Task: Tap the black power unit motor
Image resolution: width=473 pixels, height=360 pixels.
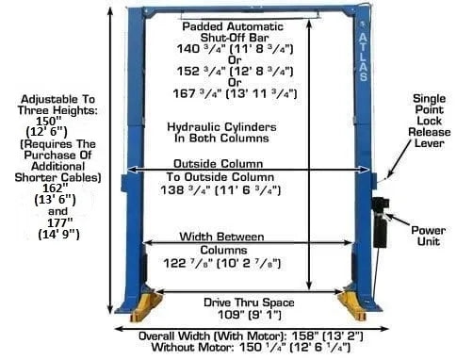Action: [380, 222]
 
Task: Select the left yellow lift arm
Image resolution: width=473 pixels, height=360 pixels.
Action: [146, 305]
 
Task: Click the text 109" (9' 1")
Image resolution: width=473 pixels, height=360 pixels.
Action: [250, 315]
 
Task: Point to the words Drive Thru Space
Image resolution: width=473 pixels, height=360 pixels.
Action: [249, 303]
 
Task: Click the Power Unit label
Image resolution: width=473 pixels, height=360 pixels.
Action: [429, 236]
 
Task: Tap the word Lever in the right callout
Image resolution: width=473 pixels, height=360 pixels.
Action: [430, 143]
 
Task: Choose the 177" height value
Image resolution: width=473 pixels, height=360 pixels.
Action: [59, 222]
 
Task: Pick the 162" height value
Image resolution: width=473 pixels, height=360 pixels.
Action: [56, 188]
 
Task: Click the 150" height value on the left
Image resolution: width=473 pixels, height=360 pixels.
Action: [49, 121]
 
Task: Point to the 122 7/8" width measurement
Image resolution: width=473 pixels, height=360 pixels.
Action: [188, 263]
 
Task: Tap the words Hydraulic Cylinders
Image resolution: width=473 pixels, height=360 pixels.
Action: [221, 127]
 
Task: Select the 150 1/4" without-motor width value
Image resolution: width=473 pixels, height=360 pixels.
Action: [263, 347]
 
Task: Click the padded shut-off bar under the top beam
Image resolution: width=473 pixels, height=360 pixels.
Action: [250, 13]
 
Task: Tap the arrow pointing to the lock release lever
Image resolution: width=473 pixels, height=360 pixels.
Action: [399, 159]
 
